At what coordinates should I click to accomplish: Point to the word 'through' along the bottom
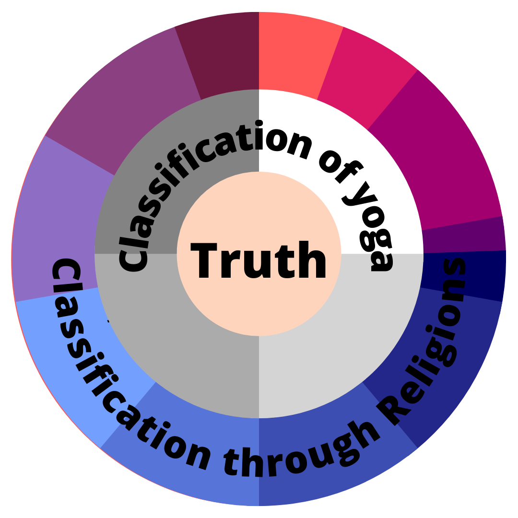click(x=293, y=456)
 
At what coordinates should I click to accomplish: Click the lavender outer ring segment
click(x=53, y=225)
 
